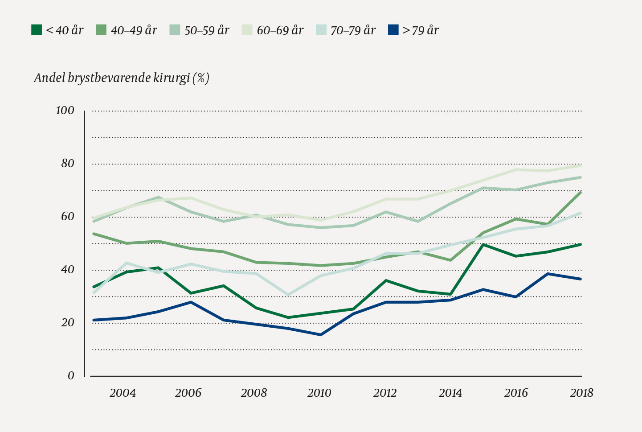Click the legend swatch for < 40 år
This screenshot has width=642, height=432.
point(37,30)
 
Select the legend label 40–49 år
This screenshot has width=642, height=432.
point(134,30)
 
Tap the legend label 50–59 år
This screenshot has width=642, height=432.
point(207,30)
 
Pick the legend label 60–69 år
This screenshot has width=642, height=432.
point(280,30)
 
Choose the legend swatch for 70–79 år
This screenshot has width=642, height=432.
point(321,30)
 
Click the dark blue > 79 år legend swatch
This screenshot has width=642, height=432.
point(393,30)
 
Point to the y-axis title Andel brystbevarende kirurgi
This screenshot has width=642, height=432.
point(122,78)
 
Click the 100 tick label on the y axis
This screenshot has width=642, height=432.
point(65,111)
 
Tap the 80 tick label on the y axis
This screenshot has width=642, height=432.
point(68,164)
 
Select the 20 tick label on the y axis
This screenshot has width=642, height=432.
point(68,323)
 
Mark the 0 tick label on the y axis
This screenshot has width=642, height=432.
point(71,376)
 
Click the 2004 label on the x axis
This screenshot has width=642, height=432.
point(123,393)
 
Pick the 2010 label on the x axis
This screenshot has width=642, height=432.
point(319,393)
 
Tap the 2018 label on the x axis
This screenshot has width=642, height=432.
point(581,393)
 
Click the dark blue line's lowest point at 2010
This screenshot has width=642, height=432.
point(320,334)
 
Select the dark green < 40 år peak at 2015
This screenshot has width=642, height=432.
point(483,244)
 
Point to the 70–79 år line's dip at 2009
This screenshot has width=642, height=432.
point(288,295)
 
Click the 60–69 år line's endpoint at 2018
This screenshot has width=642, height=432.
point(581,165)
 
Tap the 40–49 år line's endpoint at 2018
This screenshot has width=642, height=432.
point(581,192)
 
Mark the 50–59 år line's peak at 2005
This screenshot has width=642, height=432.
point(158,197)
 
